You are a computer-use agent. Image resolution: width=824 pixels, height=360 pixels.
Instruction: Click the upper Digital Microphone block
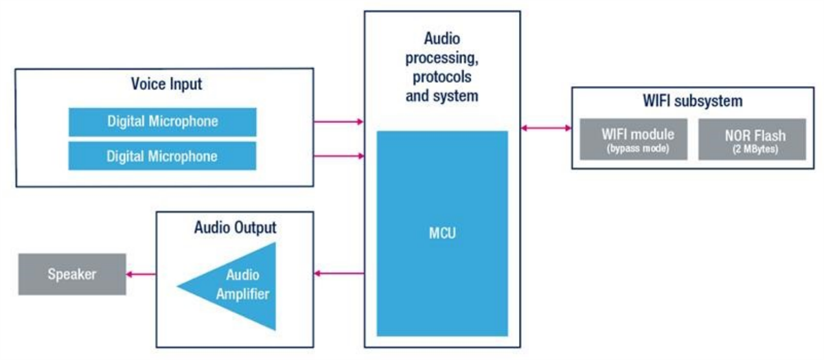[162, 122]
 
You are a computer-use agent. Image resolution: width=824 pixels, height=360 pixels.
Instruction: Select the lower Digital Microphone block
[162, 156]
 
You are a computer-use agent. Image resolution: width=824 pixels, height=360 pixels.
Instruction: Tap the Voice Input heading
[166, 85]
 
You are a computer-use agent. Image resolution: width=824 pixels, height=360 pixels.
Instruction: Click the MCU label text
[442, 234]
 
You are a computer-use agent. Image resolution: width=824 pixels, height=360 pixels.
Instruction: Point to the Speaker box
[71, 274]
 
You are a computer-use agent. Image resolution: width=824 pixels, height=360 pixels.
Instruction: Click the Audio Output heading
[235, 227]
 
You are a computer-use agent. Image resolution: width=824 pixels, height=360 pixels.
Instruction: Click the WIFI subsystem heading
[692, 101]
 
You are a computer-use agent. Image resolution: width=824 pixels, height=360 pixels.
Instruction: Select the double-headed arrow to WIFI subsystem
[546, 128]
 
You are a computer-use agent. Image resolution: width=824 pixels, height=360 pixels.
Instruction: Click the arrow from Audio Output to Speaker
[141, 274]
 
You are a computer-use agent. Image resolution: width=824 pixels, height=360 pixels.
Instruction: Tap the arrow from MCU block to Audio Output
[339, 273]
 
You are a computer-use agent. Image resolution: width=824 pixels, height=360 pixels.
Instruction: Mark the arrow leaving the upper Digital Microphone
[339, 122]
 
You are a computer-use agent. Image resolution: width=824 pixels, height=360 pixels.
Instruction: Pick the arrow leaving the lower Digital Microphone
[339, 156]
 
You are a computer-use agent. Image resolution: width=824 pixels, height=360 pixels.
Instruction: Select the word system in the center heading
[455, 95]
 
